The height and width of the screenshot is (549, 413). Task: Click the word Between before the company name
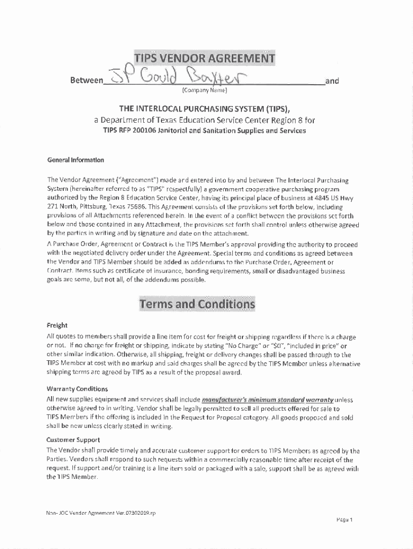pyautogui.click(x=86, y=81)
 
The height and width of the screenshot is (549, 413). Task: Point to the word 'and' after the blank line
pyautogui.click(x=333, y=81)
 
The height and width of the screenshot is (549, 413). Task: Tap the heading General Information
pyautogui.click(x=76, y=160)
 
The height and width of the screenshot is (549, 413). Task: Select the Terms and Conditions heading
pyautogui.click(x=197, y=305)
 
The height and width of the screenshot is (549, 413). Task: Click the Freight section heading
pyautogui.click(x=57, y=325)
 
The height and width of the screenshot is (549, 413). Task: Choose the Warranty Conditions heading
pyautogui.click(x=77, y=389)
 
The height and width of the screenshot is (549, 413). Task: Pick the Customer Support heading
pyautogui.click(x=73, y=440)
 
